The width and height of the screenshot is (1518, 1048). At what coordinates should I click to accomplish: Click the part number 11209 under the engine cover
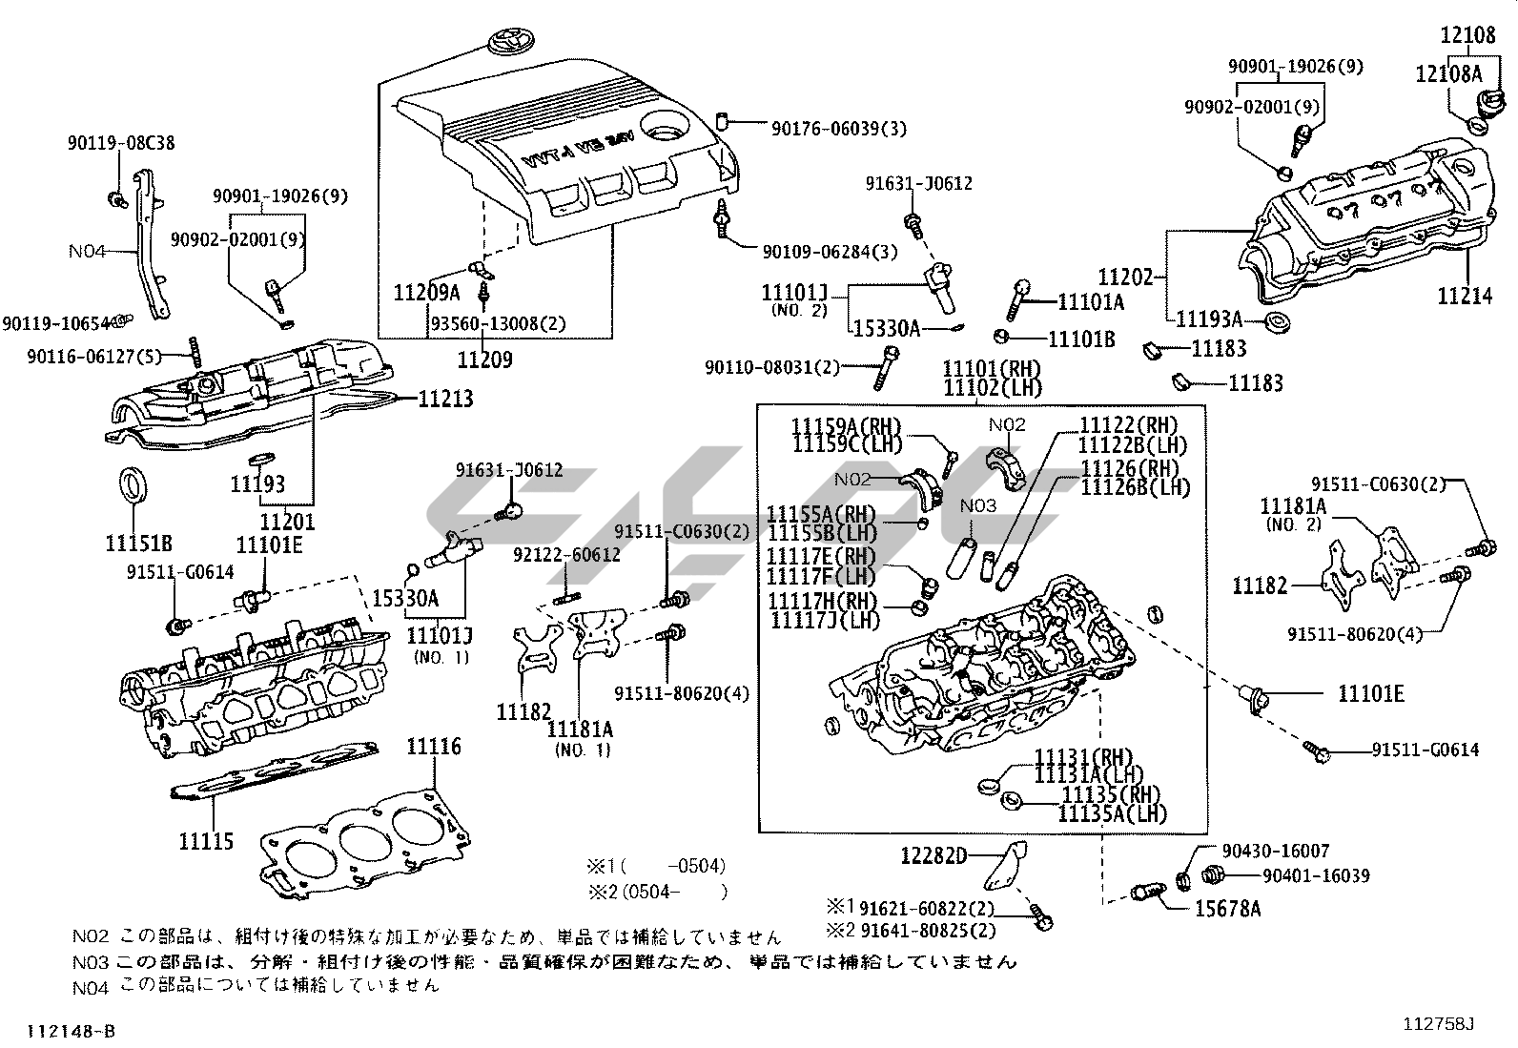(484, 360)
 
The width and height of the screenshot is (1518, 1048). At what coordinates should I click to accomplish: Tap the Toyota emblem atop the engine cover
(499, 44)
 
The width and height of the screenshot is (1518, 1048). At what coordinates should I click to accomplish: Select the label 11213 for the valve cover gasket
(445, 399)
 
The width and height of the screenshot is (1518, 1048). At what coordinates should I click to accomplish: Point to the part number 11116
(434, 747)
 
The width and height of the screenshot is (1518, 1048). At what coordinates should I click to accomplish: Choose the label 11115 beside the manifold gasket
(205, 842)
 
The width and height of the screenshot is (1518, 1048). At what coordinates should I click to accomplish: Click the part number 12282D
(933, 856)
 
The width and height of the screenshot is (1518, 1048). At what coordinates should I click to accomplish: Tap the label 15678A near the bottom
(1227, 908)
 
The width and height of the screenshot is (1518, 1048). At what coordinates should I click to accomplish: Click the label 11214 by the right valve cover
(1465, 297)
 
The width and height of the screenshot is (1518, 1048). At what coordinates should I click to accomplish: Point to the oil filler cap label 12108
(1467, 35)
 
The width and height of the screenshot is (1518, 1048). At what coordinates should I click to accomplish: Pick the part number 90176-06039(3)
(839, 128)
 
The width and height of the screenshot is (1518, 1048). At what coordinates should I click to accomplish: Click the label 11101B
(1081, 338)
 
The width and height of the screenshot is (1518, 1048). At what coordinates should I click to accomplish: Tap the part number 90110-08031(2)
(773, 367)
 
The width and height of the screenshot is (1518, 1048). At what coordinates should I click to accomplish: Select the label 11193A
(1209, 320)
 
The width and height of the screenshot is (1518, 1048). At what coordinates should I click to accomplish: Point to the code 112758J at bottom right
(1438, 1024)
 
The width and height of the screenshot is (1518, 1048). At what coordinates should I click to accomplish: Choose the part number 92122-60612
(566, 555)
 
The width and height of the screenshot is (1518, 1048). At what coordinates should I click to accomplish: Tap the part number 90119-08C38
(121, 143)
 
